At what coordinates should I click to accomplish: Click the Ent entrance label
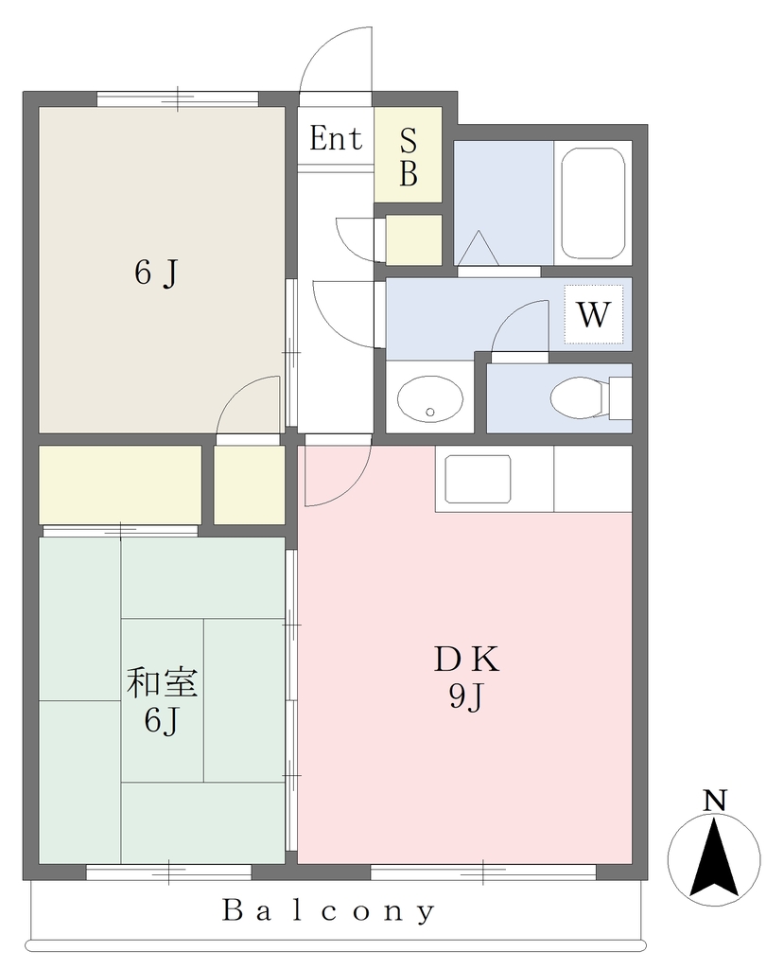pos(336,138)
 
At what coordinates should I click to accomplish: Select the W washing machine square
pos(594,314)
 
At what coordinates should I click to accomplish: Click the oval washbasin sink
pos(430,398)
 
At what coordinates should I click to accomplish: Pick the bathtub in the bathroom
pos(593,203)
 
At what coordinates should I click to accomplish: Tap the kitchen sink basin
pos(478,480)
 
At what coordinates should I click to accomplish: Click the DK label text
pos(466,661)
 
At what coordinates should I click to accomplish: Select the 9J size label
pos(465,697)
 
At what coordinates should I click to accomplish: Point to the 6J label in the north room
pos(156,273)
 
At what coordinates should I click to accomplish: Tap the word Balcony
pos(328,911)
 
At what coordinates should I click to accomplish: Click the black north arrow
pos(714,856)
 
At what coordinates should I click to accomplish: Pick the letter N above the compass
pos(715,801)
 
